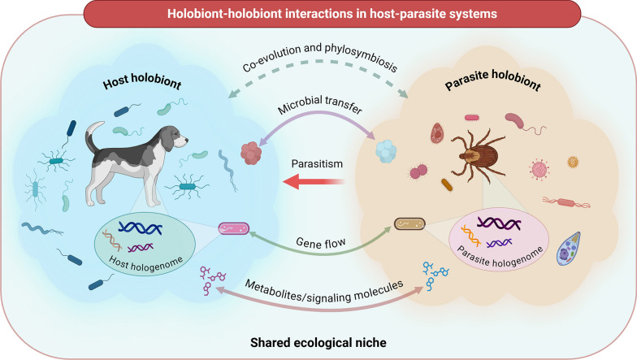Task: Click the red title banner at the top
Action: [318, 13]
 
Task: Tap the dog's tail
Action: [95, 131]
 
